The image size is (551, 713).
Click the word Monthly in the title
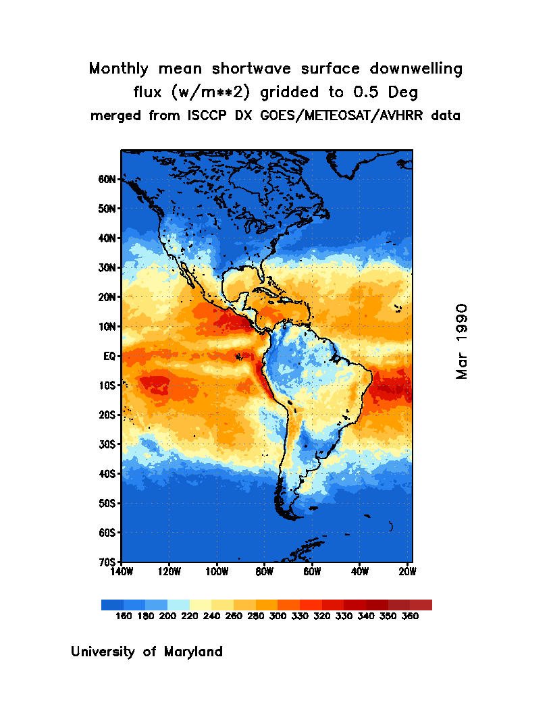tap(119, 69)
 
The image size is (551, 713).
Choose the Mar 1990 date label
tap(462, 341)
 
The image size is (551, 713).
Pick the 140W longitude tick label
tap(122, 572)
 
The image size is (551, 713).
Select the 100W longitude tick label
tap(217, 572)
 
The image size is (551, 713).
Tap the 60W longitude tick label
tap(312, 572)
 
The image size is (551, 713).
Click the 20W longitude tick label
tap(407, 572)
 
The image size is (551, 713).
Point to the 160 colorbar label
tap(123, 616)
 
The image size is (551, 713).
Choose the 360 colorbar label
tap(410, 616)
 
